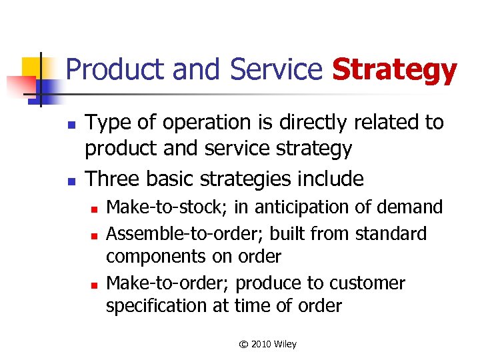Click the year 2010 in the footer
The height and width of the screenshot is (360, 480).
tap(261, 344)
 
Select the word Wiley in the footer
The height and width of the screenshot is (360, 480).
tap(285, 344)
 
